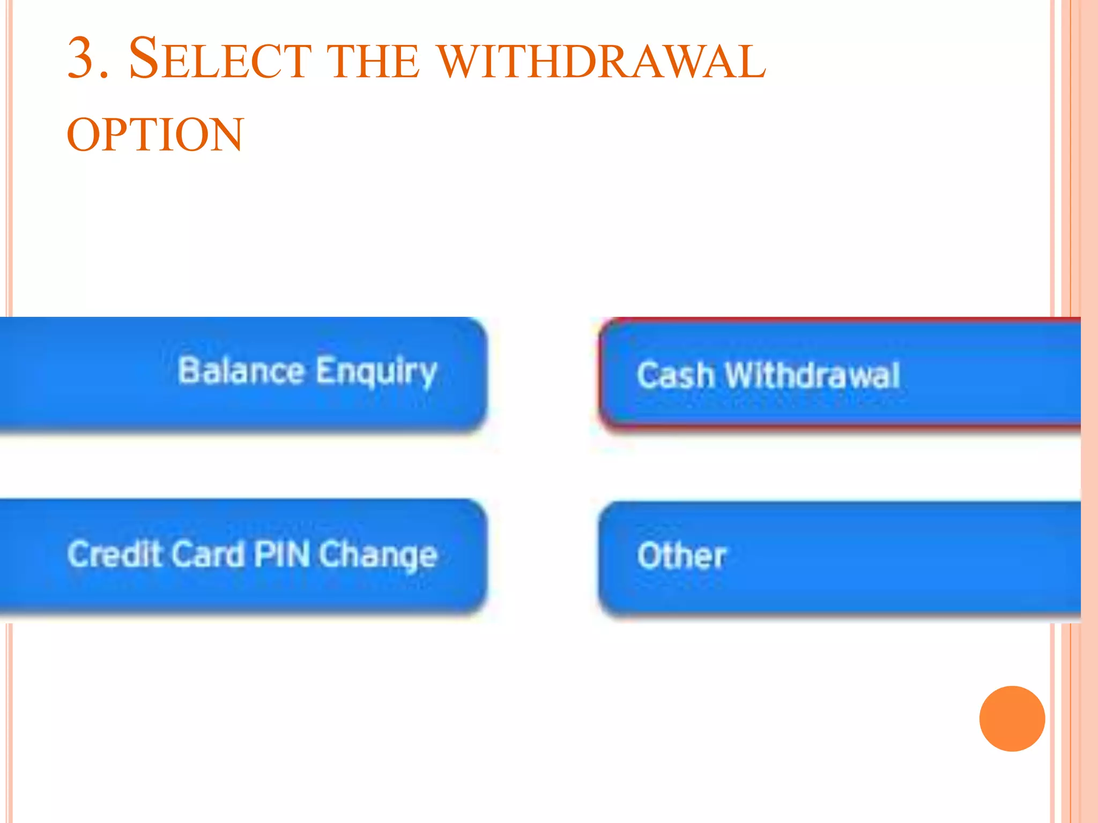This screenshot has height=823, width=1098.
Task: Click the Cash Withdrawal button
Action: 839,373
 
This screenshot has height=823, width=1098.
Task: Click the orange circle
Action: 1012,719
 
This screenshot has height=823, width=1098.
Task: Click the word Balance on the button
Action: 241,370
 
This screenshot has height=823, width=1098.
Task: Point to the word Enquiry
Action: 376,372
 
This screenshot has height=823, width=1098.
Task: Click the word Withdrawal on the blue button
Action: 812,375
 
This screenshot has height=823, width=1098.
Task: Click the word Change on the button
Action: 378,555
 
